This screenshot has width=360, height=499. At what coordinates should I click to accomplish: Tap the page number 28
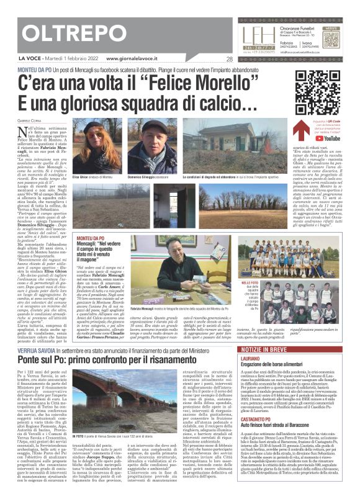(x=230, y=60)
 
